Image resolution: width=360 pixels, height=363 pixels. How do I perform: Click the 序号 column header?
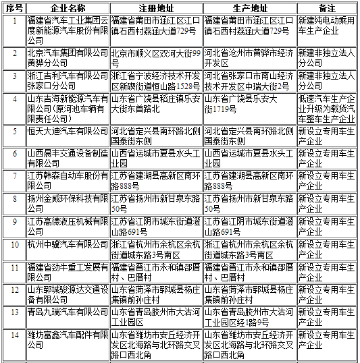coord(15,7)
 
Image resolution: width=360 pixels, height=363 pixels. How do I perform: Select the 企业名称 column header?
coord(68,7)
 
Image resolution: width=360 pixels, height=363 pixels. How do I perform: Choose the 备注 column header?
coord(327,7)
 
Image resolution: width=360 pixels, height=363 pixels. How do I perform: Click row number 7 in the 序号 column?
coord(15,180)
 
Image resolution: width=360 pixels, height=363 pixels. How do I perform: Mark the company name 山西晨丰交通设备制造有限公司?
coord(68,157)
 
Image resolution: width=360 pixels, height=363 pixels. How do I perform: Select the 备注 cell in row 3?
coord(327,81)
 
